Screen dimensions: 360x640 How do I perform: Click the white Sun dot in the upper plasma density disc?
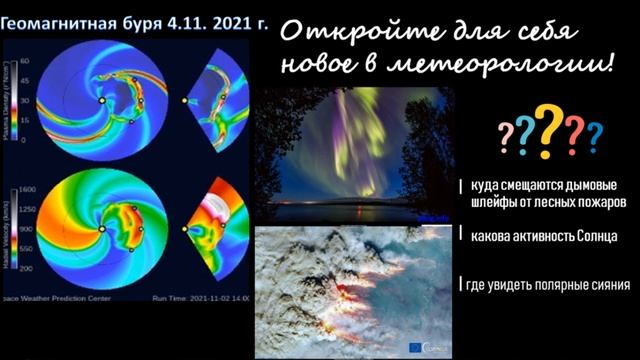point(101,100)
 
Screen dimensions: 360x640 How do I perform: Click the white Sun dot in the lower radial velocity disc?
point(101,229)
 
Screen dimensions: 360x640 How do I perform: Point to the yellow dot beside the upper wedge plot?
point(185,100)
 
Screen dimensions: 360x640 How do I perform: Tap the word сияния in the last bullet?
point(608,285)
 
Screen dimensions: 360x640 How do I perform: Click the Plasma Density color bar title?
point(9,100)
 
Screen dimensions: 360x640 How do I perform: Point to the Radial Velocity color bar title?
point(9,228)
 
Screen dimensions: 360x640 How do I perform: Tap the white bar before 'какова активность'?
point(462,236)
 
